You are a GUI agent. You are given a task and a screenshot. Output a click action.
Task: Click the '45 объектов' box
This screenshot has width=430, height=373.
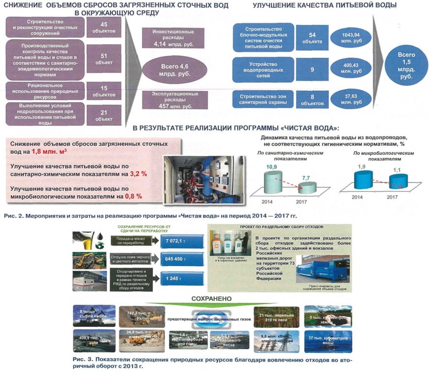pos(104,27)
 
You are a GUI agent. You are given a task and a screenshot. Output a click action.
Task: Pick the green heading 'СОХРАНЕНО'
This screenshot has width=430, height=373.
pos(212,298)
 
